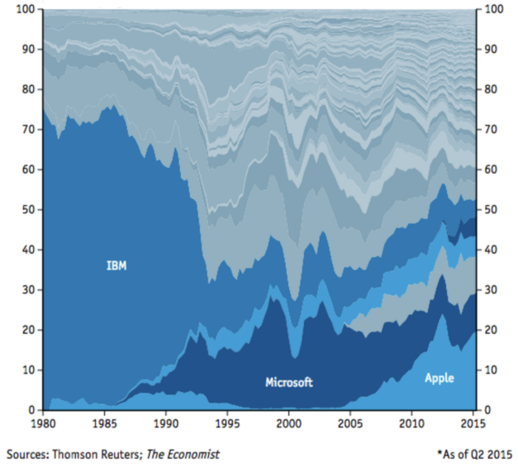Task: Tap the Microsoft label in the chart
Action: click(x=289, y=383)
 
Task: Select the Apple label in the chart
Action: click(x=439, y=378)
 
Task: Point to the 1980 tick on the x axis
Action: click(x=43, y=423)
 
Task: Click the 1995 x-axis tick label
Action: click(x=226, y=423)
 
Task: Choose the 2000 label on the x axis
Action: click(x=288, y=423)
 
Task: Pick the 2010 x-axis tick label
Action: click(x=411, y=423)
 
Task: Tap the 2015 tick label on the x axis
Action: click(x=472, y=423)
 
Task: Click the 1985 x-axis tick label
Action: click(x=104, y=423)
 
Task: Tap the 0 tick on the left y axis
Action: click(x=32, y=410)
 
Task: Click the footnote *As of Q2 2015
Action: click(x=473, y=454)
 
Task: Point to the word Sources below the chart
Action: click(x=30, y=454)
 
